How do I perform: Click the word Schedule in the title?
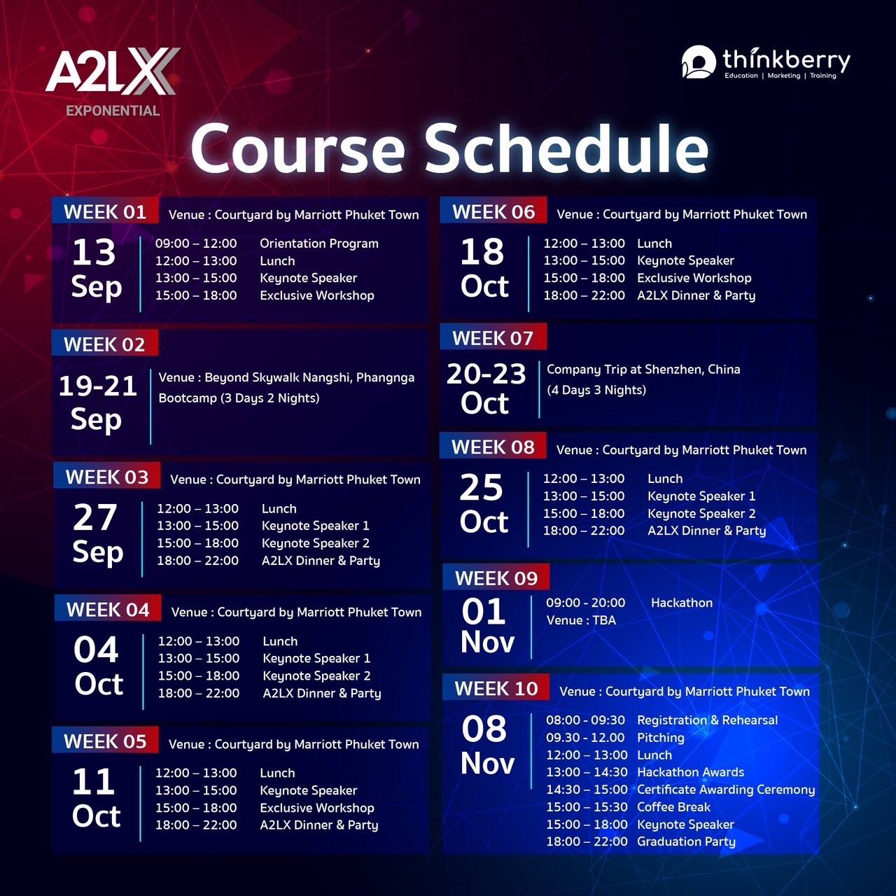[x=566, y=149]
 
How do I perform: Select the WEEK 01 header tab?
[x=105, y=212]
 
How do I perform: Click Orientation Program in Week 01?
[x=319, y=243]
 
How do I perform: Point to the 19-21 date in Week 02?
[x=97, y=386]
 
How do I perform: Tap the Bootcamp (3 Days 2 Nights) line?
[x=239, y=398]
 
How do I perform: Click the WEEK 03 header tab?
[x=107, y=477]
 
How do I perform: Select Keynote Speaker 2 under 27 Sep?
[x=316, y=543]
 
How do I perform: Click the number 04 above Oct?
[x=96, y=650]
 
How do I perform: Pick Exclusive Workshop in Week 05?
[x=317, y=808]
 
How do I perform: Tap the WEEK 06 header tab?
[x=493, y=212]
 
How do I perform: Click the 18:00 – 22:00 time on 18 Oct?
[x=584, y=295]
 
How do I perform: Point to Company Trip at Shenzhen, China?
[x=643, y=370]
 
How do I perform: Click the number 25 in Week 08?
[x=481, y=488]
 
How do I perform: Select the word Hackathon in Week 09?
[x=682, y=603]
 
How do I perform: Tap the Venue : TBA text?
[x=581, y=620]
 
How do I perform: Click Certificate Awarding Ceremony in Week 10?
[x=726, y=790]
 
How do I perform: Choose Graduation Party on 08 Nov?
[x=686, y=841]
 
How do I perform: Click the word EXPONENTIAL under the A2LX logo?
[x=113, y=111]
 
